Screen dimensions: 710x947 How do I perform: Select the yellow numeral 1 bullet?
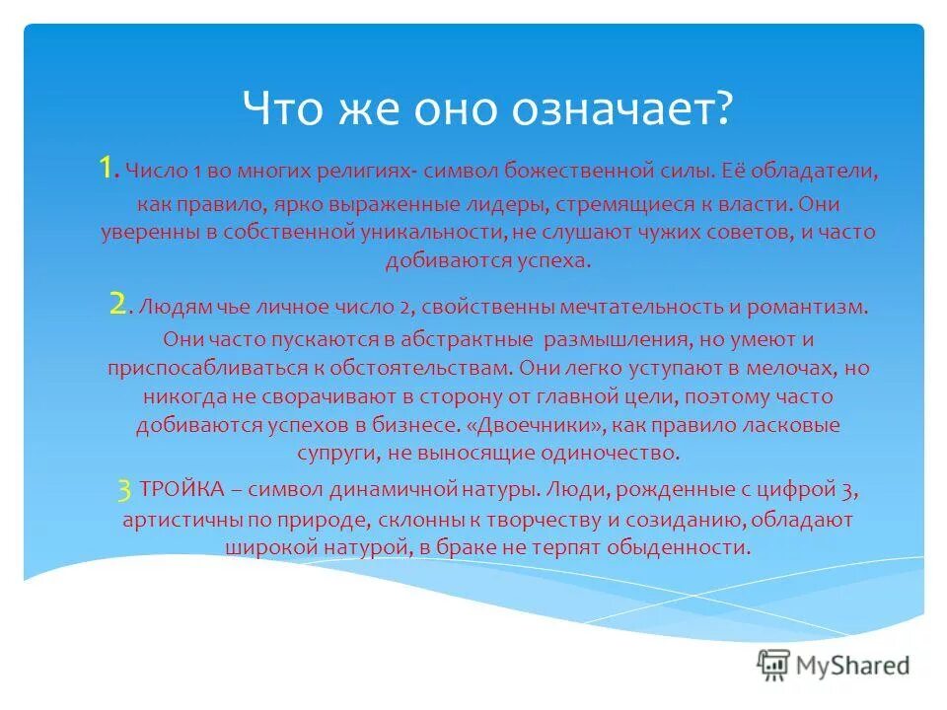tap(108, 169)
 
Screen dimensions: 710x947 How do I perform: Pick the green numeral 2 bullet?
tap(117, 304)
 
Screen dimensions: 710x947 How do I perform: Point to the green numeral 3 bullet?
tap(123, 488)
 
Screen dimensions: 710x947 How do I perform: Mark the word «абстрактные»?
tap(462, 340)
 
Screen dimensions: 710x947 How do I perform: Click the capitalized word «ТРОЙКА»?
tap(187, 489)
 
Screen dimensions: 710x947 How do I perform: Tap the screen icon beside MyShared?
tap(774, 664)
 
